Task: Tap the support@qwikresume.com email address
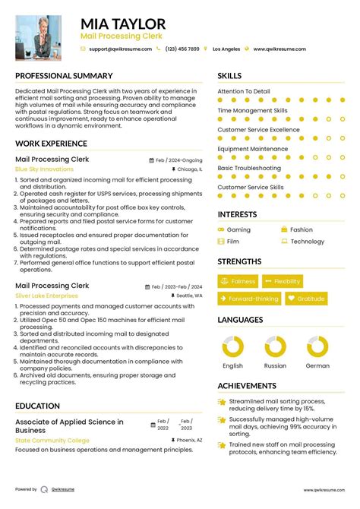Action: [x=118, y=49]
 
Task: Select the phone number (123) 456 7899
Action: [x=182, y=49]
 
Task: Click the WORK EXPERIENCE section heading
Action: [x=51, y=144]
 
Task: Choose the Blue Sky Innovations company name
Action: [x=45, y=169]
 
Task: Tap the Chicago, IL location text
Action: [x=189, y=169]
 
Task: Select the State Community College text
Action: [x=52, y=441]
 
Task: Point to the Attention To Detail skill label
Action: [x=243, y=91]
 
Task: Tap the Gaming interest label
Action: [x=238, y=229]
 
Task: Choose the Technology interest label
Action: [x=307, y=242]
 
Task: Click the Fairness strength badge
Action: [x=238, y=281]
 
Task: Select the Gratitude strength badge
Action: [x=306, y=299]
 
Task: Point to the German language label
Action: [x=317, y=365]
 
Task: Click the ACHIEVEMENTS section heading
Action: [x=247, y=386]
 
